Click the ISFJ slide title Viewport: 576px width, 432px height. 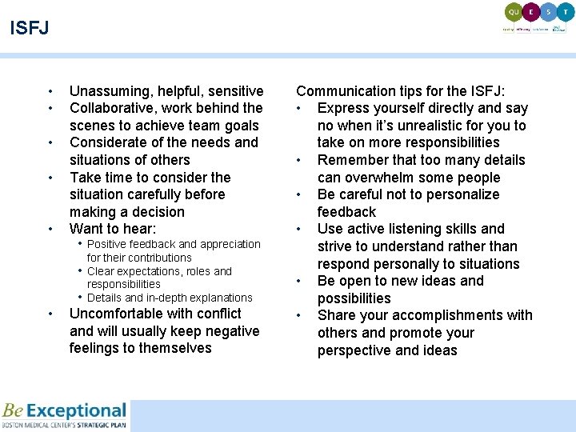coord(30,29)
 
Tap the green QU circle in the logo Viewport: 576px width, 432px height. coord(513,12)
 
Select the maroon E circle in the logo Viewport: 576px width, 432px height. coord(530,12)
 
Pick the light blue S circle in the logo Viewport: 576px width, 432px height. coord(548,12)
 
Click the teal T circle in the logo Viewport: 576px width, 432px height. coord(566,12)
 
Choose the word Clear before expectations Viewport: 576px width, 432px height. coord(101,271)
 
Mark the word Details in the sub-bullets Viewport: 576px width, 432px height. coord(105,298)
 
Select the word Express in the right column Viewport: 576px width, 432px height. coord(345,108)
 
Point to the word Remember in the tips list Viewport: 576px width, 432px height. coord(352,160)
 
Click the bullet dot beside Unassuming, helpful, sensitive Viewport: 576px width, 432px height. coord(50,91)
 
